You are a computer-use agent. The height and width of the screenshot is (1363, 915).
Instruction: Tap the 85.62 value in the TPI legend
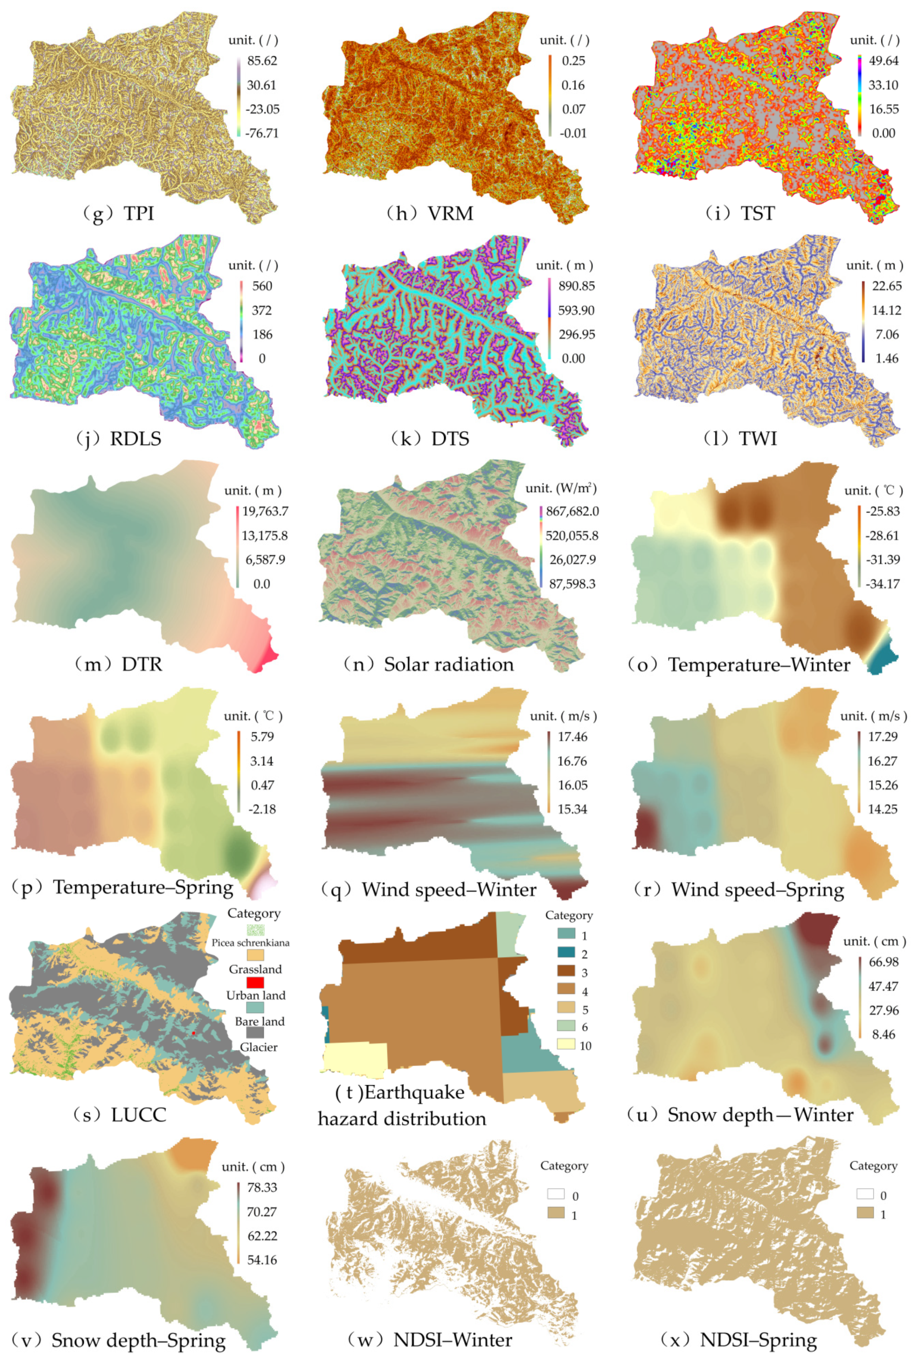click(262, 61)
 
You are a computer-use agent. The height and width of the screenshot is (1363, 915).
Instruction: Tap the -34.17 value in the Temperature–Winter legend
click(883, 584)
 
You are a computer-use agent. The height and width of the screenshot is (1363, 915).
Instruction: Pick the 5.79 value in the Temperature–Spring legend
click(262, 736)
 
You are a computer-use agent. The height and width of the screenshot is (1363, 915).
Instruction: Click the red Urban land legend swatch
click(255, 982)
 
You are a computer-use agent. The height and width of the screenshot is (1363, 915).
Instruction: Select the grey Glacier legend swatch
click(255, 1033)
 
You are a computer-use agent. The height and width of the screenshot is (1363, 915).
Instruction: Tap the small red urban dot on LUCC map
click(193, 1033)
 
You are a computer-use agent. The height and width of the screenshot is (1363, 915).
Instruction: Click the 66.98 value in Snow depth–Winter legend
click(884, 962)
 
